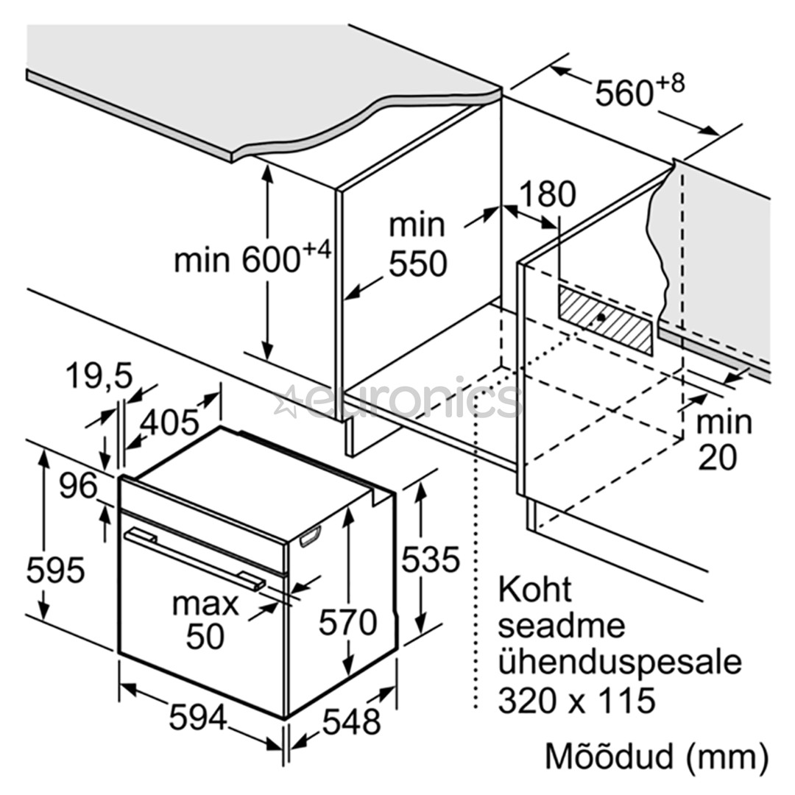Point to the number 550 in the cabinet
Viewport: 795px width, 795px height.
(417, 264)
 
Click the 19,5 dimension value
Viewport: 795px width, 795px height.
(99, 377)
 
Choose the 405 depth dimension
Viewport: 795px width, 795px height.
(169, 422)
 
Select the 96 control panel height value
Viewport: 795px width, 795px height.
(79, 486)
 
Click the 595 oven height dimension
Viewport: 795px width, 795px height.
(56, 570)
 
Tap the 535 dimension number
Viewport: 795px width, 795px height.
(430, 560)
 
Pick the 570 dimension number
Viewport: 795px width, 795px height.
(347, 623)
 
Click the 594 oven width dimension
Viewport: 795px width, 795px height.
(198, 717)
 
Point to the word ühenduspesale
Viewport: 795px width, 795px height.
(619, 662)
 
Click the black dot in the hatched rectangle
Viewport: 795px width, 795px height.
(601, 318)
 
